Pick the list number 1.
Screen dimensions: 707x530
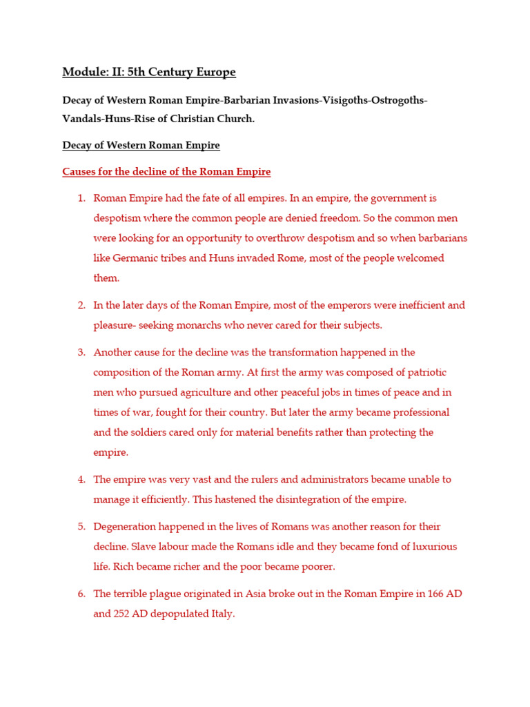coord(81,198)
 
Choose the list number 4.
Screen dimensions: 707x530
coord(81,479)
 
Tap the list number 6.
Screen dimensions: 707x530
coord(81,594)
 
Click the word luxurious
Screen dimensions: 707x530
coord(431,547)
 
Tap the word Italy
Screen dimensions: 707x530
coord(221,613)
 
